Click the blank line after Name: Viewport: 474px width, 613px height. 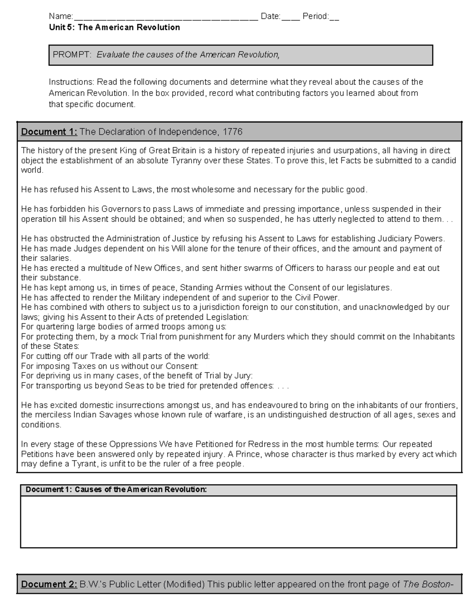[x=166, y=17]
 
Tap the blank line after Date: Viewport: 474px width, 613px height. [x=290, y=17]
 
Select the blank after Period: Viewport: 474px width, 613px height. [x=334, y=17]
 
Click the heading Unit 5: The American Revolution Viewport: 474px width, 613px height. [x=114, y=27]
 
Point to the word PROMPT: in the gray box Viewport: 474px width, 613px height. [x=72, y=55]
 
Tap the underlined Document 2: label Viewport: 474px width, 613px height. [x=49, y=584]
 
